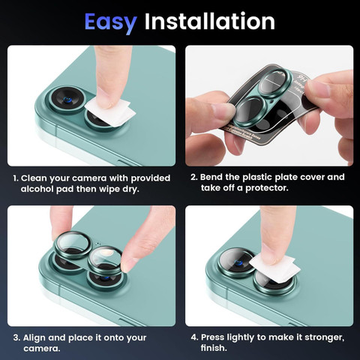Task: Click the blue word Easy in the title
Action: tap(110, 22)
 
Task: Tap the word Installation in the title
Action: tap(210, 21)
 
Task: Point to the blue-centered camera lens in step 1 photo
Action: tap(67, 100)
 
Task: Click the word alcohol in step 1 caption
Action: tap(37, 189)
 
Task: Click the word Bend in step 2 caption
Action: tap(211, 177)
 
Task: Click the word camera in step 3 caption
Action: tap(41, 349)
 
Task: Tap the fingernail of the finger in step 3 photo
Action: tap(129, 263)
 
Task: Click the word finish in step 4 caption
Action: tap(214, 348)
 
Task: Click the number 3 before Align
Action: tap(16, 337)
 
